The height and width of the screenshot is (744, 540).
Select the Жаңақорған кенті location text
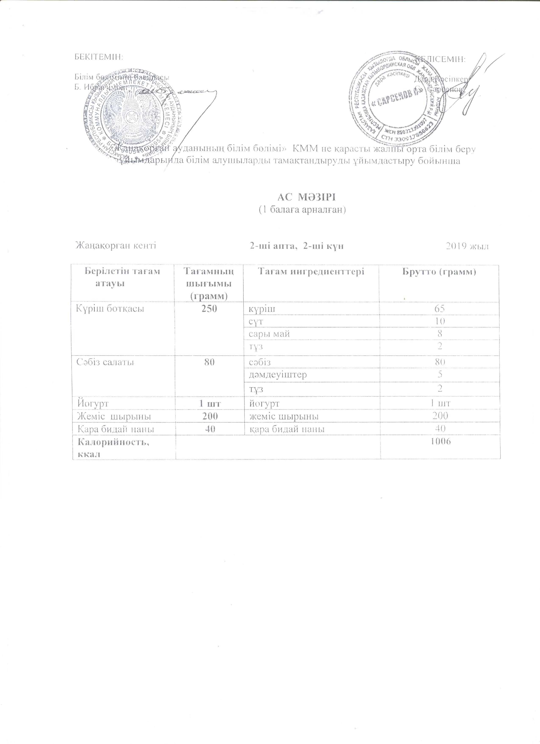click(x=116, y=246)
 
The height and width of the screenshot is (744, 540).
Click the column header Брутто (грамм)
click(x=439, y=272)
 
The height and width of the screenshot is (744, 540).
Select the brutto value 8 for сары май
click(x=440, y=334)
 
